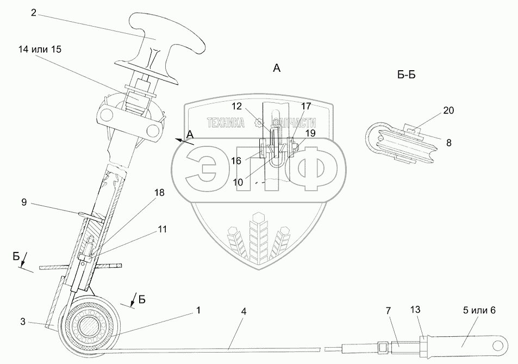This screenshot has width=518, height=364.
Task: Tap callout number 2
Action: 34,13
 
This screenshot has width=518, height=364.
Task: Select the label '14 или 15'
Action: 40,49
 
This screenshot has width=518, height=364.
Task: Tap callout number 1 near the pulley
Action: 198,310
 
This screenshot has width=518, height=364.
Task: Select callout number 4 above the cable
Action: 244,312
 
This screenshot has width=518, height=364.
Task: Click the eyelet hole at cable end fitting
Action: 496,344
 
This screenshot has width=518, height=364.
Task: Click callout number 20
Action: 448,110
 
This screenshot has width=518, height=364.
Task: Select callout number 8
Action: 448,143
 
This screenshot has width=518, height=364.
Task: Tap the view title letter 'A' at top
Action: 277,68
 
